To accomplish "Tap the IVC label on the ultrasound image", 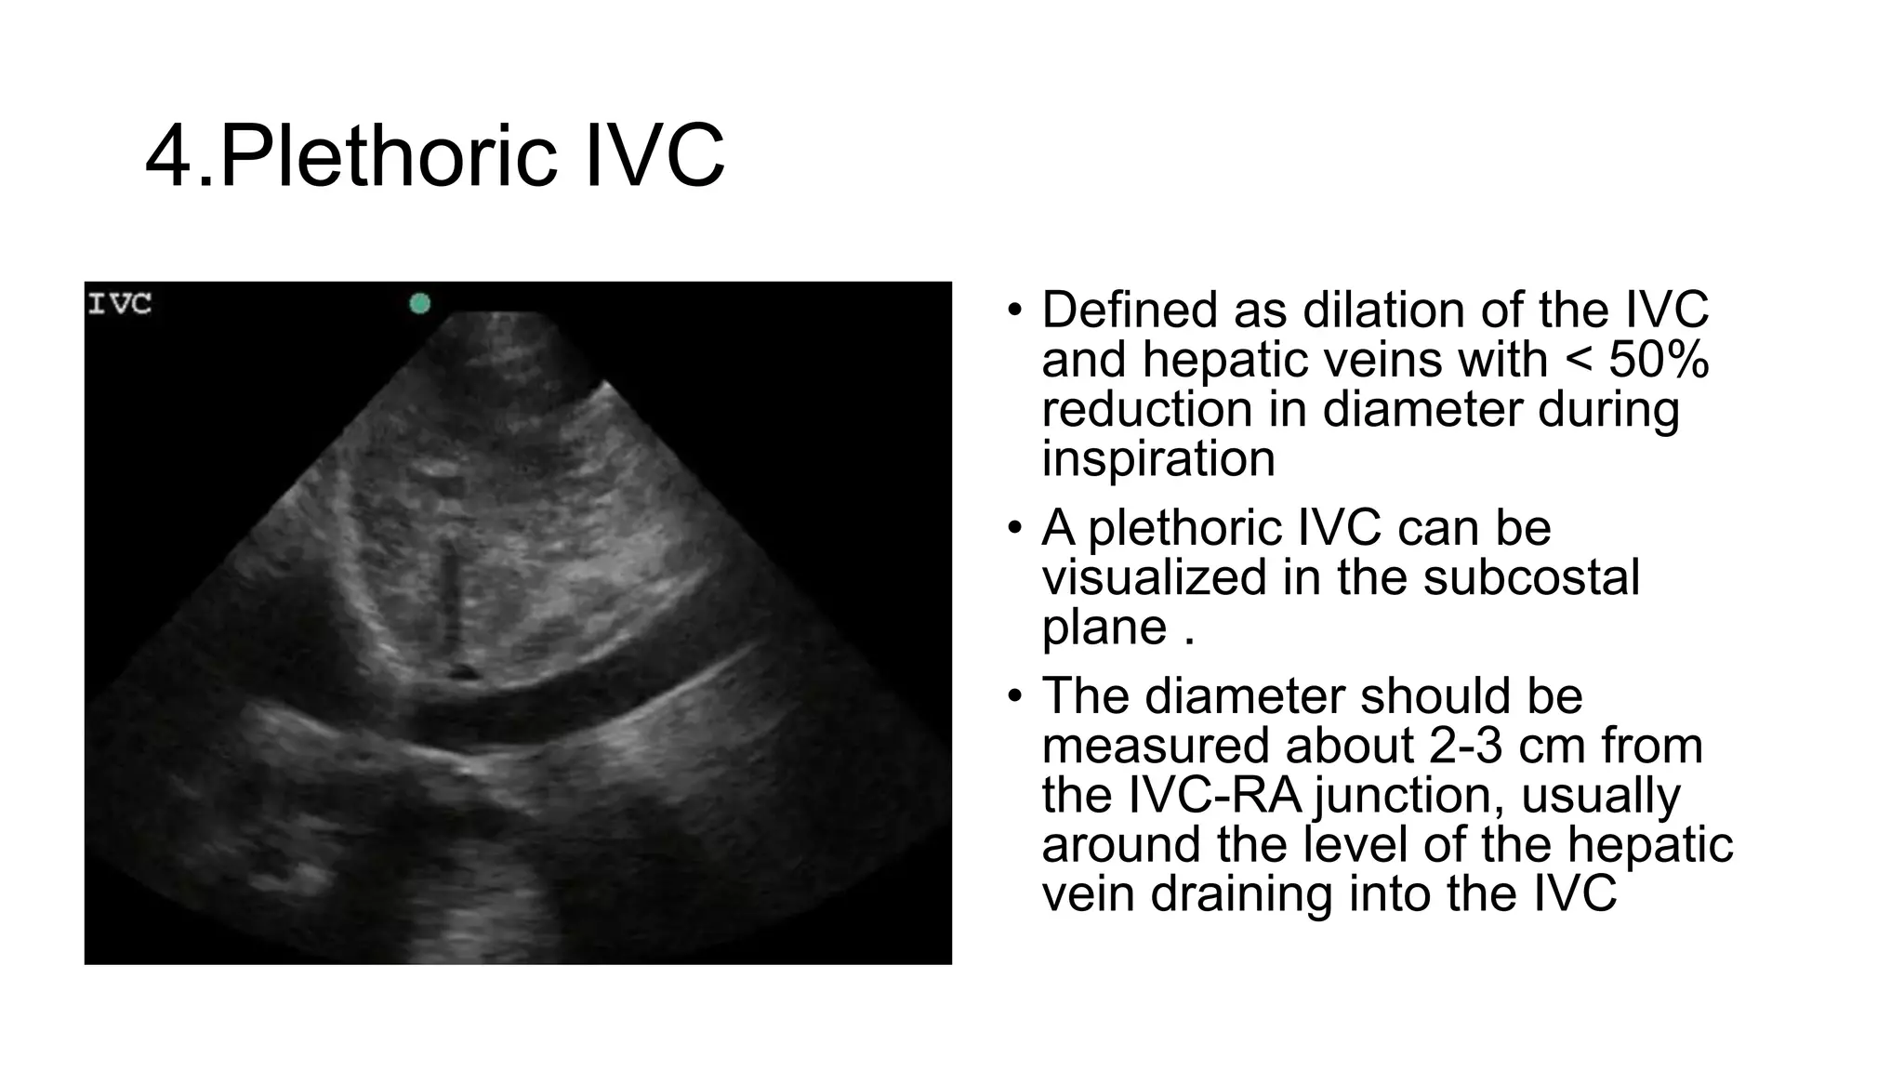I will [119, 304].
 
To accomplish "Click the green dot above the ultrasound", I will [420, 303].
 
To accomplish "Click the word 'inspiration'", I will [1157, 458].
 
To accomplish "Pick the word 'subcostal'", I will [1531, 577].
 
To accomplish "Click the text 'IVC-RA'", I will [1215, 795].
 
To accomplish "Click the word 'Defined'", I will [1129, 310].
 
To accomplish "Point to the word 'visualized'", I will [1154, 577].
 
